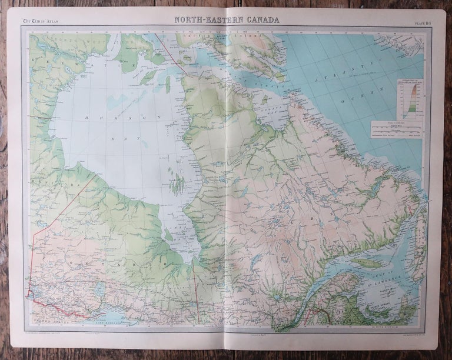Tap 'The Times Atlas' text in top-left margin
pyautogui.click(x=40, y=22)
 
